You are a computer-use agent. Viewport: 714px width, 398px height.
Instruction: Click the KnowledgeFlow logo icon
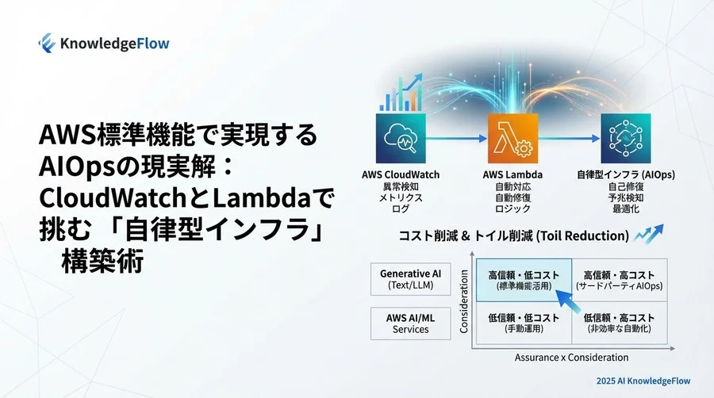click(x=47, y=42)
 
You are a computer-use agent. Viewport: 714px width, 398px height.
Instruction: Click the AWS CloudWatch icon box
click(x=401, y=138)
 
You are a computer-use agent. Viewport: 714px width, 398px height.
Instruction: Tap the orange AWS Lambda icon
click(x=511, y=138)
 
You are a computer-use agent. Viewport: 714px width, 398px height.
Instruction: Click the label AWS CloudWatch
click(x=401, y=174)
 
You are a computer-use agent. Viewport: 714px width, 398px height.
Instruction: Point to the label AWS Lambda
click(x=512, y=174)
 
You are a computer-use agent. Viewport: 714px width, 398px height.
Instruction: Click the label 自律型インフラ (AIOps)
click(x=626, y=174)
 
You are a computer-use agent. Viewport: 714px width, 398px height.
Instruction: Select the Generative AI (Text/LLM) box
click(x=410, y=279)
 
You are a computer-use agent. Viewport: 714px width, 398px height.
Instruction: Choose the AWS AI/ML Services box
click(x=410, y=323)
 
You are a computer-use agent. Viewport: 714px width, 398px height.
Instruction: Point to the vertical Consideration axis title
click(x=466, y=304)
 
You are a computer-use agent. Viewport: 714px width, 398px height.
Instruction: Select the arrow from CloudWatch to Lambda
click(x=455, y=138)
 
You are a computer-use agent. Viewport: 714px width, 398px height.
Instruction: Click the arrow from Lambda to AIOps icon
click(x=568, y=138)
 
